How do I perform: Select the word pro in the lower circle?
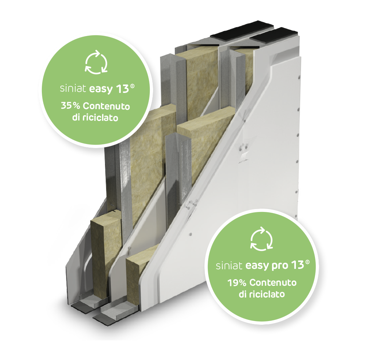coord(280,266)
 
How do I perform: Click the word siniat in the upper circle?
coord(73,89)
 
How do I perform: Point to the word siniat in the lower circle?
coord(229,265)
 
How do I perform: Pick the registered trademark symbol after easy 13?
coord(132,86)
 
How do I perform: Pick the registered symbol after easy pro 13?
coord(308,262)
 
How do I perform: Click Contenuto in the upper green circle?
coord(106,106)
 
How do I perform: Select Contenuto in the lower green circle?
coord(273,282)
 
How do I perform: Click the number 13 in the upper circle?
coord(122,89)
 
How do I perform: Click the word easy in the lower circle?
coord(257,266)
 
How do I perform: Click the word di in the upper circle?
coord(76,118)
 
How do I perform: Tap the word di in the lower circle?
coord(243,294)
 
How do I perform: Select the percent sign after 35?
coord(76,106)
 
